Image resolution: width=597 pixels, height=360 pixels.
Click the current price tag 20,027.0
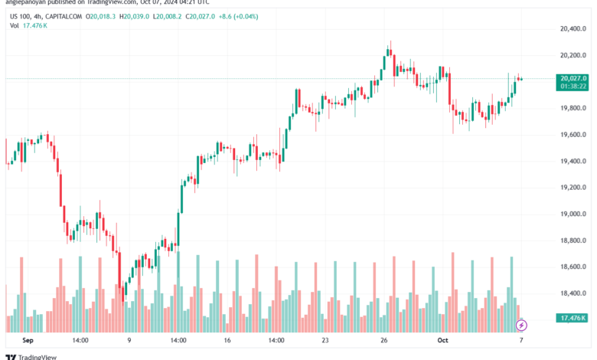(573, 78)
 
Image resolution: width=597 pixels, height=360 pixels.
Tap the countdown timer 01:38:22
(573, 86)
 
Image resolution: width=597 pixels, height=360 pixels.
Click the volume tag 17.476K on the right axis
(573, 318)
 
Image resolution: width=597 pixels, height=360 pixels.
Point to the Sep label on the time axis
(29, 340)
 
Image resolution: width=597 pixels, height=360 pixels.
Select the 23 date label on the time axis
(325, 340)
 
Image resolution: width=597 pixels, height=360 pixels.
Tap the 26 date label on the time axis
(385, 340)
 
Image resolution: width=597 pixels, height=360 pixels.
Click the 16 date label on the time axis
(227, 340)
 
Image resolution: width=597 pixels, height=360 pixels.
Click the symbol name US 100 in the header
(21, 16)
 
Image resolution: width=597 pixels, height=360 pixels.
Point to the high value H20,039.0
(137, 16)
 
